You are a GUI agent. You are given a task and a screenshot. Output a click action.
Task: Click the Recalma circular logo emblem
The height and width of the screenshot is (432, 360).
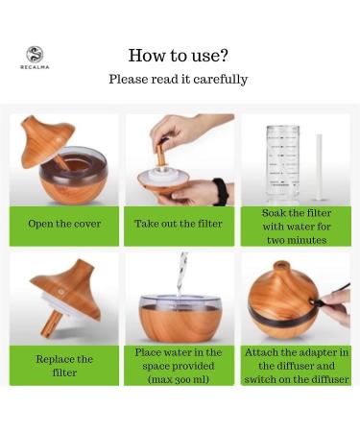pyautogui.click(x=35, y=55)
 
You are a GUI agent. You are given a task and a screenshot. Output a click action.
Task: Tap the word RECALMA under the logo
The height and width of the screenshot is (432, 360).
pyautogui.click(x=35, y=67)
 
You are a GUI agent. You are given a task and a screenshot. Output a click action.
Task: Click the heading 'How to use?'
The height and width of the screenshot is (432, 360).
pyautogui.click(x=179, y=56)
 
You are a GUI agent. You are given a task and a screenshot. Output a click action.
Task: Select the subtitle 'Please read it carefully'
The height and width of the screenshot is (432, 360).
pyautogui.click(x=179, y=79)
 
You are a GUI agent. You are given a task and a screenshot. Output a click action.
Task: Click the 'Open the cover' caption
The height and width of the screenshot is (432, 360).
pyautogui.click(x=64, y=224)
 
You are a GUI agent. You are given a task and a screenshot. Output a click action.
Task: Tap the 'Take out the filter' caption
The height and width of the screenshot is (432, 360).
pyautogui.click(x=179, y=224)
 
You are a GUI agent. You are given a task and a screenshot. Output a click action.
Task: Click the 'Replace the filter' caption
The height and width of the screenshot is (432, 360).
pyautogui.click(x=64, y=366)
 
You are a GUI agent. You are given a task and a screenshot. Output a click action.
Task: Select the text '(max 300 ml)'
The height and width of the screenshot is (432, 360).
pyautogui.click(x=179, y=379)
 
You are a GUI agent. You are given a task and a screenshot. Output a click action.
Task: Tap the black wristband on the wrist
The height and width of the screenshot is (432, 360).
pyautogui.click(x=221, y=191)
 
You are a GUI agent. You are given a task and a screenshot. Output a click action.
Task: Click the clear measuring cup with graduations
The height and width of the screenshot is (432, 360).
pyautogui.click(x=283, y=164)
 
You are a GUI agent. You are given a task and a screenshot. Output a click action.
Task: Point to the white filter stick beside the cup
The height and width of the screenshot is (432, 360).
pyautogui.click(x=319, y=167)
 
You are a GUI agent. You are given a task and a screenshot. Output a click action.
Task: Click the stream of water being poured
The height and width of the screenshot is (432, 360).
pyautogui.click(x=181, y=275)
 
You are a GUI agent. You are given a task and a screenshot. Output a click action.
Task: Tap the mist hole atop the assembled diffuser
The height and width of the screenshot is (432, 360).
pyautogui.click(x=281, y=265)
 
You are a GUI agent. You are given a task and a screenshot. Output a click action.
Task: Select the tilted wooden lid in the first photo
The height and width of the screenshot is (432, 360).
pyautogui.click(x=47, y=142)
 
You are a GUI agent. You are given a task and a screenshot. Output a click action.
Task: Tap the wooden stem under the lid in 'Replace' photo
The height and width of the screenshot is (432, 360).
pyautogui.click(x=51, y=324)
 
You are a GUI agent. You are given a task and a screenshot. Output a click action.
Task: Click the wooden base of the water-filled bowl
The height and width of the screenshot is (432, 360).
pyautogui.click(x=180, y=324)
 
